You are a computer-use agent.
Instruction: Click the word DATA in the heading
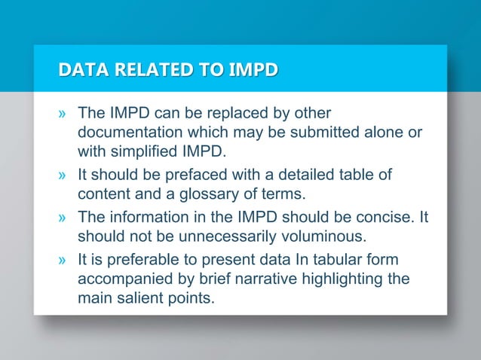(x=80, y=72)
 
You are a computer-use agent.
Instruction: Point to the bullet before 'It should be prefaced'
(x=63, y=176)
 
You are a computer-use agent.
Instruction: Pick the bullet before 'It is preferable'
(x=63, y=261)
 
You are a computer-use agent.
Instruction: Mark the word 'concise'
(x=388, y=218)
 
